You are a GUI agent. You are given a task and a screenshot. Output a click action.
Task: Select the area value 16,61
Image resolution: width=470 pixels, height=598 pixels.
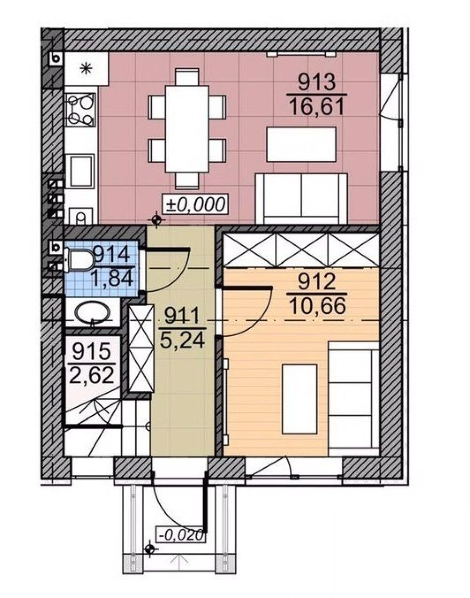point(317,107)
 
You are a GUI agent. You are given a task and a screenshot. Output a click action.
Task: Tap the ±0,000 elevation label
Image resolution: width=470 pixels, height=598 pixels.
point(195,204)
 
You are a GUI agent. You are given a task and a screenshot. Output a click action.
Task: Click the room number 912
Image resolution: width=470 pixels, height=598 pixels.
point(317,283)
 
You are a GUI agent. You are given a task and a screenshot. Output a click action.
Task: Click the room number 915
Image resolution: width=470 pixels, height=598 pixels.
point(92,352)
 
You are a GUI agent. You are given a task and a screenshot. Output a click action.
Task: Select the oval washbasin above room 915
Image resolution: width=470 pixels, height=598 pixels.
point(92,312)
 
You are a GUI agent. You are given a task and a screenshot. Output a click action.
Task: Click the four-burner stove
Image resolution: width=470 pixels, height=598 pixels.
point(80,109)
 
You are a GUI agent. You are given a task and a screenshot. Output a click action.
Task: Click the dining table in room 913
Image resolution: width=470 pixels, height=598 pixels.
point(187,129)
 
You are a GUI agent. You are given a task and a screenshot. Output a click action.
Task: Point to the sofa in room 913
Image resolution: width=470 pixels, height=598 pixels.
point(302,198)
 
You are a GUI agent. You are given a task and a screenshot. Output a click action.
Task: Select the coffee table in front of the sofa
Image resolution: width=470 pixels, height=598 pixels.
point(302,144)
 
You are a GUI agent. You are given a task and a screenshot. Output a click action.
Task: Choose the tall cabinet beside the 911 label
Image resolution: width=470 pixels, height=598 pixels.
point(141,348)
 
